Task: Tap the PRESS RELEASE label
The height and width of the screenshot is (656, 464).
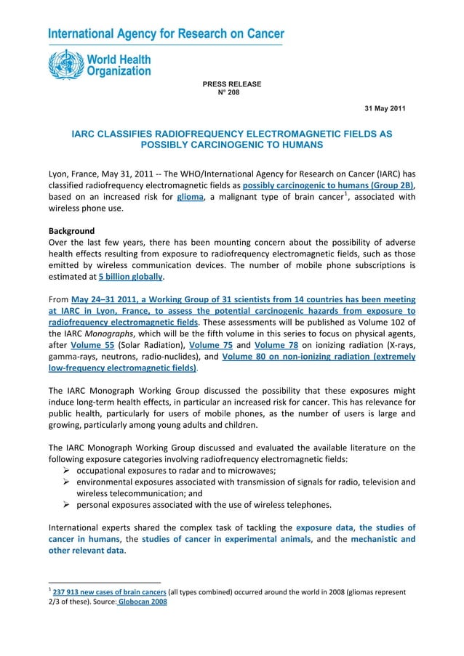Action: coord(231,84)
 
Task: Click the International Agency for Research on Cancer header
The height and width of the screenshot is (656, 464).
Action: coord(166,34)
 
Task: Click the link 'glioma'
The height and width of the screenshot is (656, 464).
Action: coord(191,195)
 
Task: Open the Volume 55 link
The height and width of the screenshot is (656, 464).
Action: coord(92,345)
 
